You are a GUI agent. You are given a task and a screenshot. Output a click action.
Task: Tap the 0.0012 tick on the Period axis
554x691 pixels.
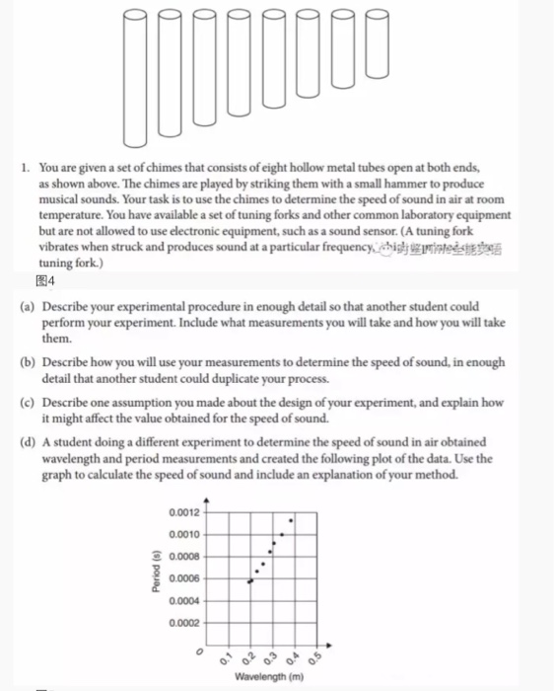[x=184, y=512]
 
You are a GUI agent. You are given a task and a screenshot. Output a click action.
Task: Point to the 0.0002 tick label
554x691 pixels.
[x=184, y=622]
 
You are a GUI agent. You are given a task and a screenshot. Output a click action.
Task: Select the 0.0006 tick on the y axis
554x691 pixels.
[x=184, y=578]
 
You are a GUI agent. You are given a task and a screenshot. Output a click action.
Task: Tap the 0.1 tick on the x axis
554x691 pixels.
[x=226, y=657]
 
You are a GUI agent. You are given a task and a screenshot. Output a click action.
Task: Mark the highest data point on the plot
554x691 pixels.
[x=290, y=519]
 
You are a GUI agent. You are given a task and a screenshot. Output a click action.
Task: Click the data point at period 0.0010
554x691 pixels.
[x=282, y=535]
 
